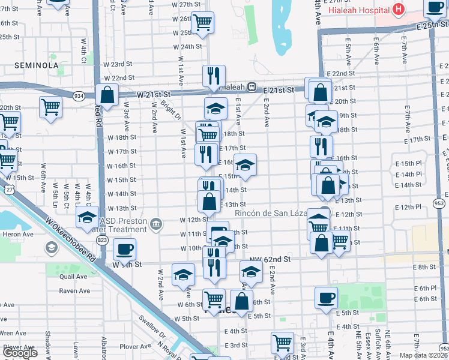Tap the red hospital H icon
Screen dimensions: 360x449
(397, 9)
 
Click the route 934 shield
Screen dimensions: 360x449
(79, 96)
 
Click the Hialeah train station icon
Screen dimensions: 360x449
(252, 86)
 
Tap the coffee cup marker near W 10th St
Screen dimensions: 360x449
(124, 248)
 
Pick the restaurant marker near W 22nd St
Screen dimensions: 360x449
(214, 76)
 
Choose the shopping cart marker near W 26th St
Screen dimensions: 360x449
(203, 23)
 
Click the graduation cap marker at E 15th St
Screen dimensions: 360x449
(245, 164)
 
